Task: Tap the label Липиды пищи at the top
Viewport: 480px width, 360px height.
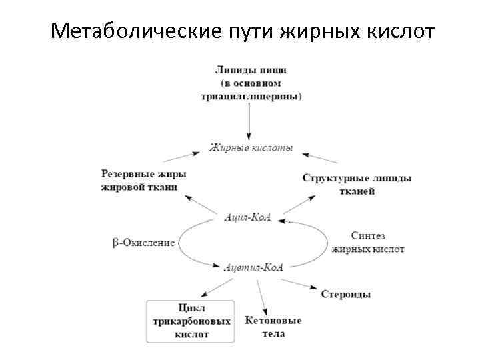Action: [x=251, y=70]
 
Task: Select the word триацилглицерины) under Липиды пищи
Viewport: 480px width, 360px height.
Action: [x=251, y=96]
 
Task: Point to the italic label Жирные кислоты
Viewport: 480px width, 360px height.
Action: [x=251, y=147]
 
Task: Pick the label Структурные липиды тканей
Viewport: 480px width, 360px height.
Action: [x=357, y=185]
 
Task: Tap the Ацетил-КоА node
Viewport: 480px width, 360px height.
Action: [x=253, y=267]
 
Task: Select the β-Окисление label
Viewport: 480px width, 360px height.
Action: [x=143, y=243]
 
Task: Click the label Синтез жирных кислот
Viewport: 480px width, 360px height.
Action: [x=367, y=242]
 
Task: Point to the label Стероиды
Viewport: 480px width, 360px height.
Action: [x=346, y=294]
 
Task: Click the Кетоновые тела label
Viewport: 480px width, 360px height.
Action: [x=273, y=326]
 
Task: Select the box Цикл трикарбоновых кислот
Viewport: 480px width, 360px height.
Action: [x=192, y=321]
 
